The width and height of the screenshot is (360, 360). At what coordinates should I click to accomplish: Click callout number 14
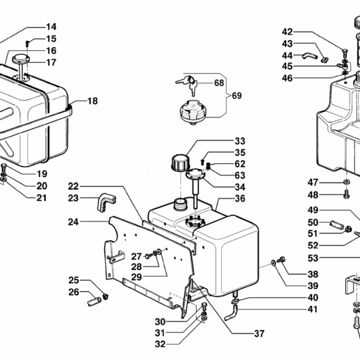[x=51, y=26]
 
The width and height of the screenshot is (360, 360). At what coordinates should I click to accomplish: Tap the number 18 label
[x=92, y=101]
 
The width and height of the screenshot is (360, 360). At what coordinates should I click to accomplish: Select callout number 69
[x=236, y=96]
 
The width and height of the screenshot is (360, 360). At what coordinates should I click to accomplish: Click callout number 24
[x=73, y=221]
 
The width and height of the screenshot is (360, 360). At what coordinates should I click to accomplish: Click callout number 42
[x=287, y=32]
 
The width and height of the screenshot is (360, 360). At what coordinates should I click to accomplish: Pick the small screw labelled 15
[x=29, y=43]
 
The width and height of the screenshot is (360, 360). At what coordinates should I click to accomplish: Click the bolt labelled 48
[x=347, y=194]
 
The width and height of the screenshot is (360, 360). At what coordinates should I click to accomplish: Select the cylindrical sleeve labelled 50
[x=336, y=227]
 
